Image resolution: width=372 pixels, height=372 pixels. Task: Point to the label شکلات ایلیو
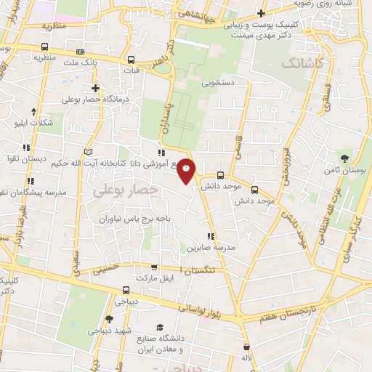coord(33,123)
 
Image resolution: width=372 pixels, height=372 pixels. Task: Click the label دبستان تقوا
coord(28,158)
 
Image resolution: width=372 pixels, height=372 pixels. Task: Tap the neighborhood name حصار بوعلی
coord(115,190)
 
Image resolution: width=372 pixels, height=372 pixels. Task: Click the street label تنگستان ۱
coord(203,270)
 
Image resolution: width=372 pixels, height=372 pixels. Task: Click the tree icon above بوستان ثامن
coord(344,158)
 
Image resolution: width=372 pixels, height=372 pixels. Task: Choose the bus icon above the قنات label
coord(131,60)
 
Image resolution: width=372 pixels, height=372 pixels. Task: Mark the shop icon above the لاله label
coord(247,347)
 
